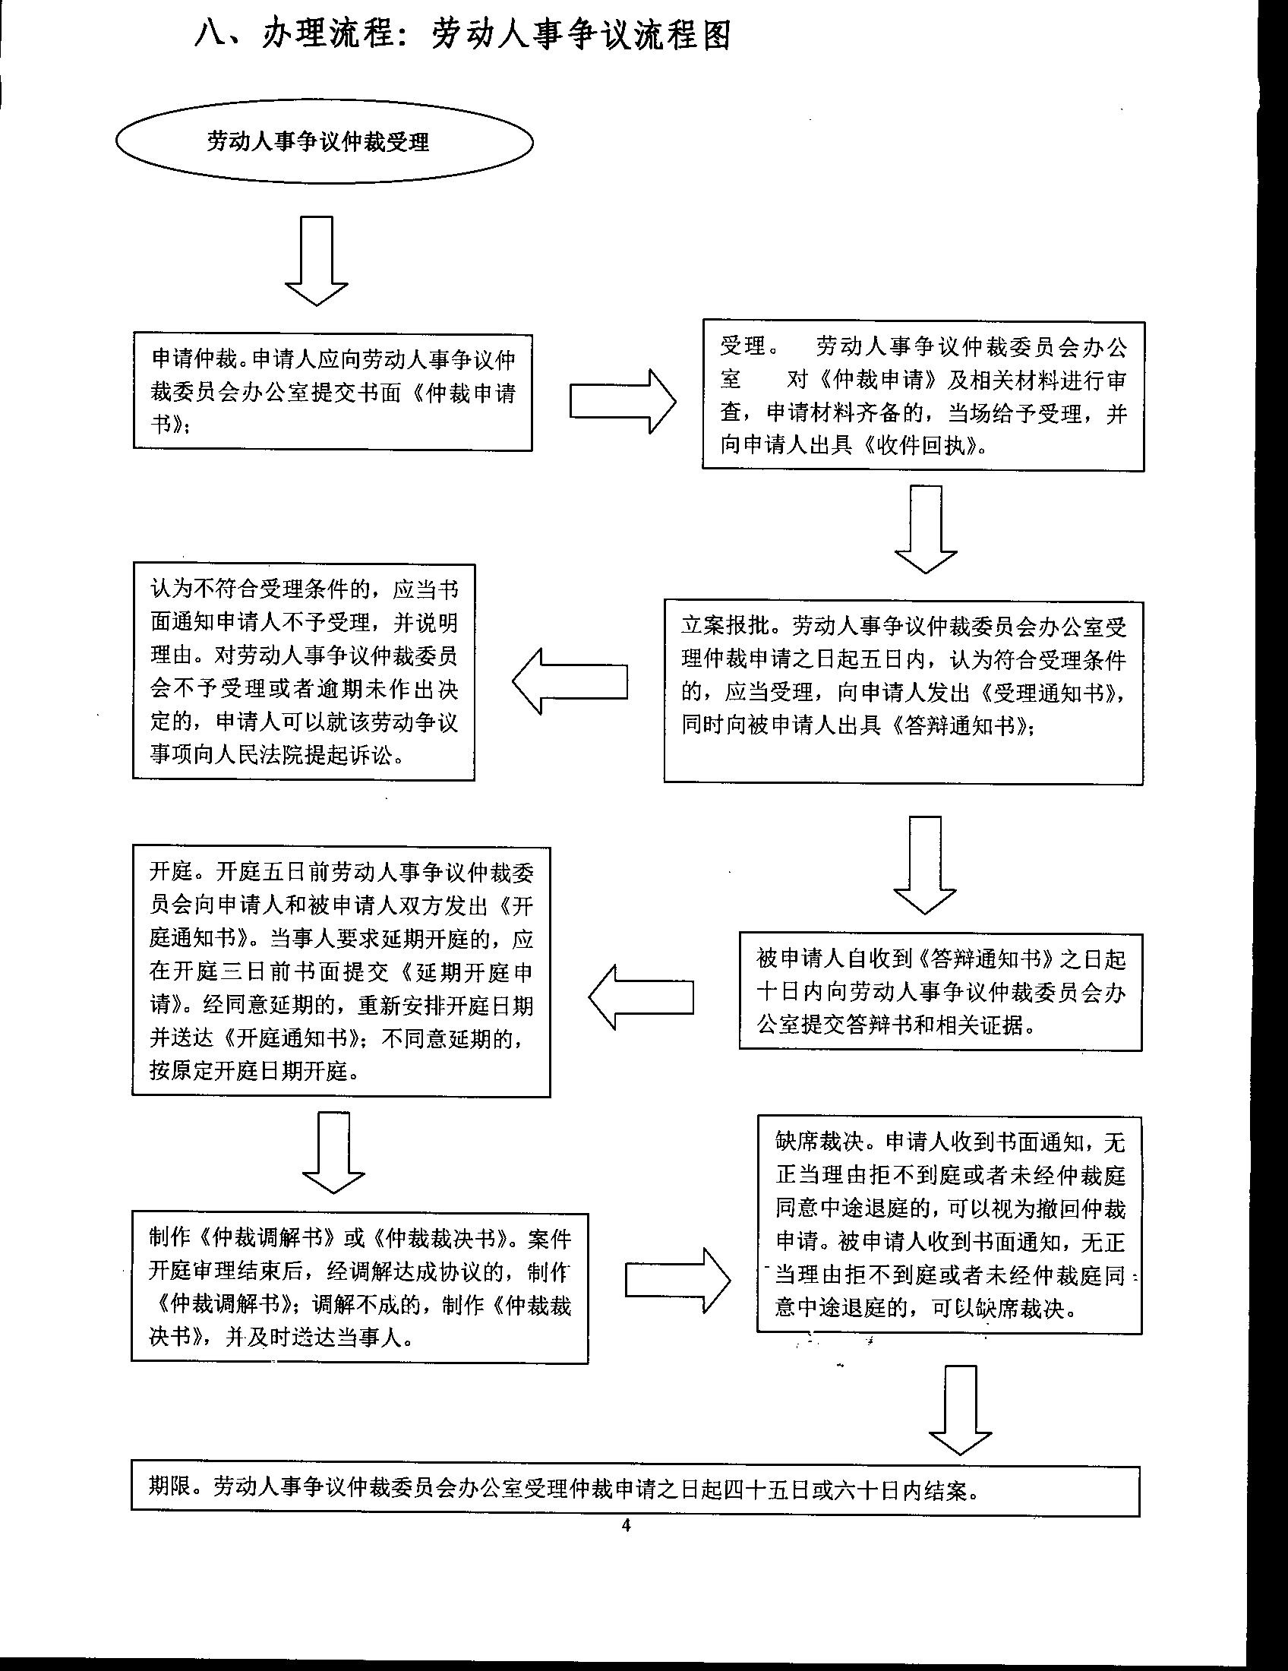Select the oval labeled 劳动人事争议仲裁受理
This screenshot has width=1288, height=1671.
[324, 142]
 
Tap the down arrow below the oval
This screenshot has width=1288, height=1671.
[317, 261]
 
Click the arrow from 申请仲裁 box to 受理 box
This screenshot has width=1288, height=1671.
[623, 402]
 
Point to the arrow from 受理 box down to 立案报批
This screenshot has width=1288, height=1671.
[926, 529]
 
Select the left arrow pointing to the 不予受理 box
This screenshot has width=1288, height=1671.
[570, 681]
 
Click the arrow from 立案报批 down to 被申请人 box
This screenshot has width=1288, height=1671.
[925, 864]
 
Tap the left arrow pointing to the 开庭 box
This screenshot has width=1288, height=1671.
[641, 997]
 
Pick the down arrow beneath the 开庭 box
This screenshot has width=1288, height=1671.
[333, 1152]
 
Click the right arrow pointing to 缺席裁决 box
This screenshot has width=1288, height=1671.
[677, 1280]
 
